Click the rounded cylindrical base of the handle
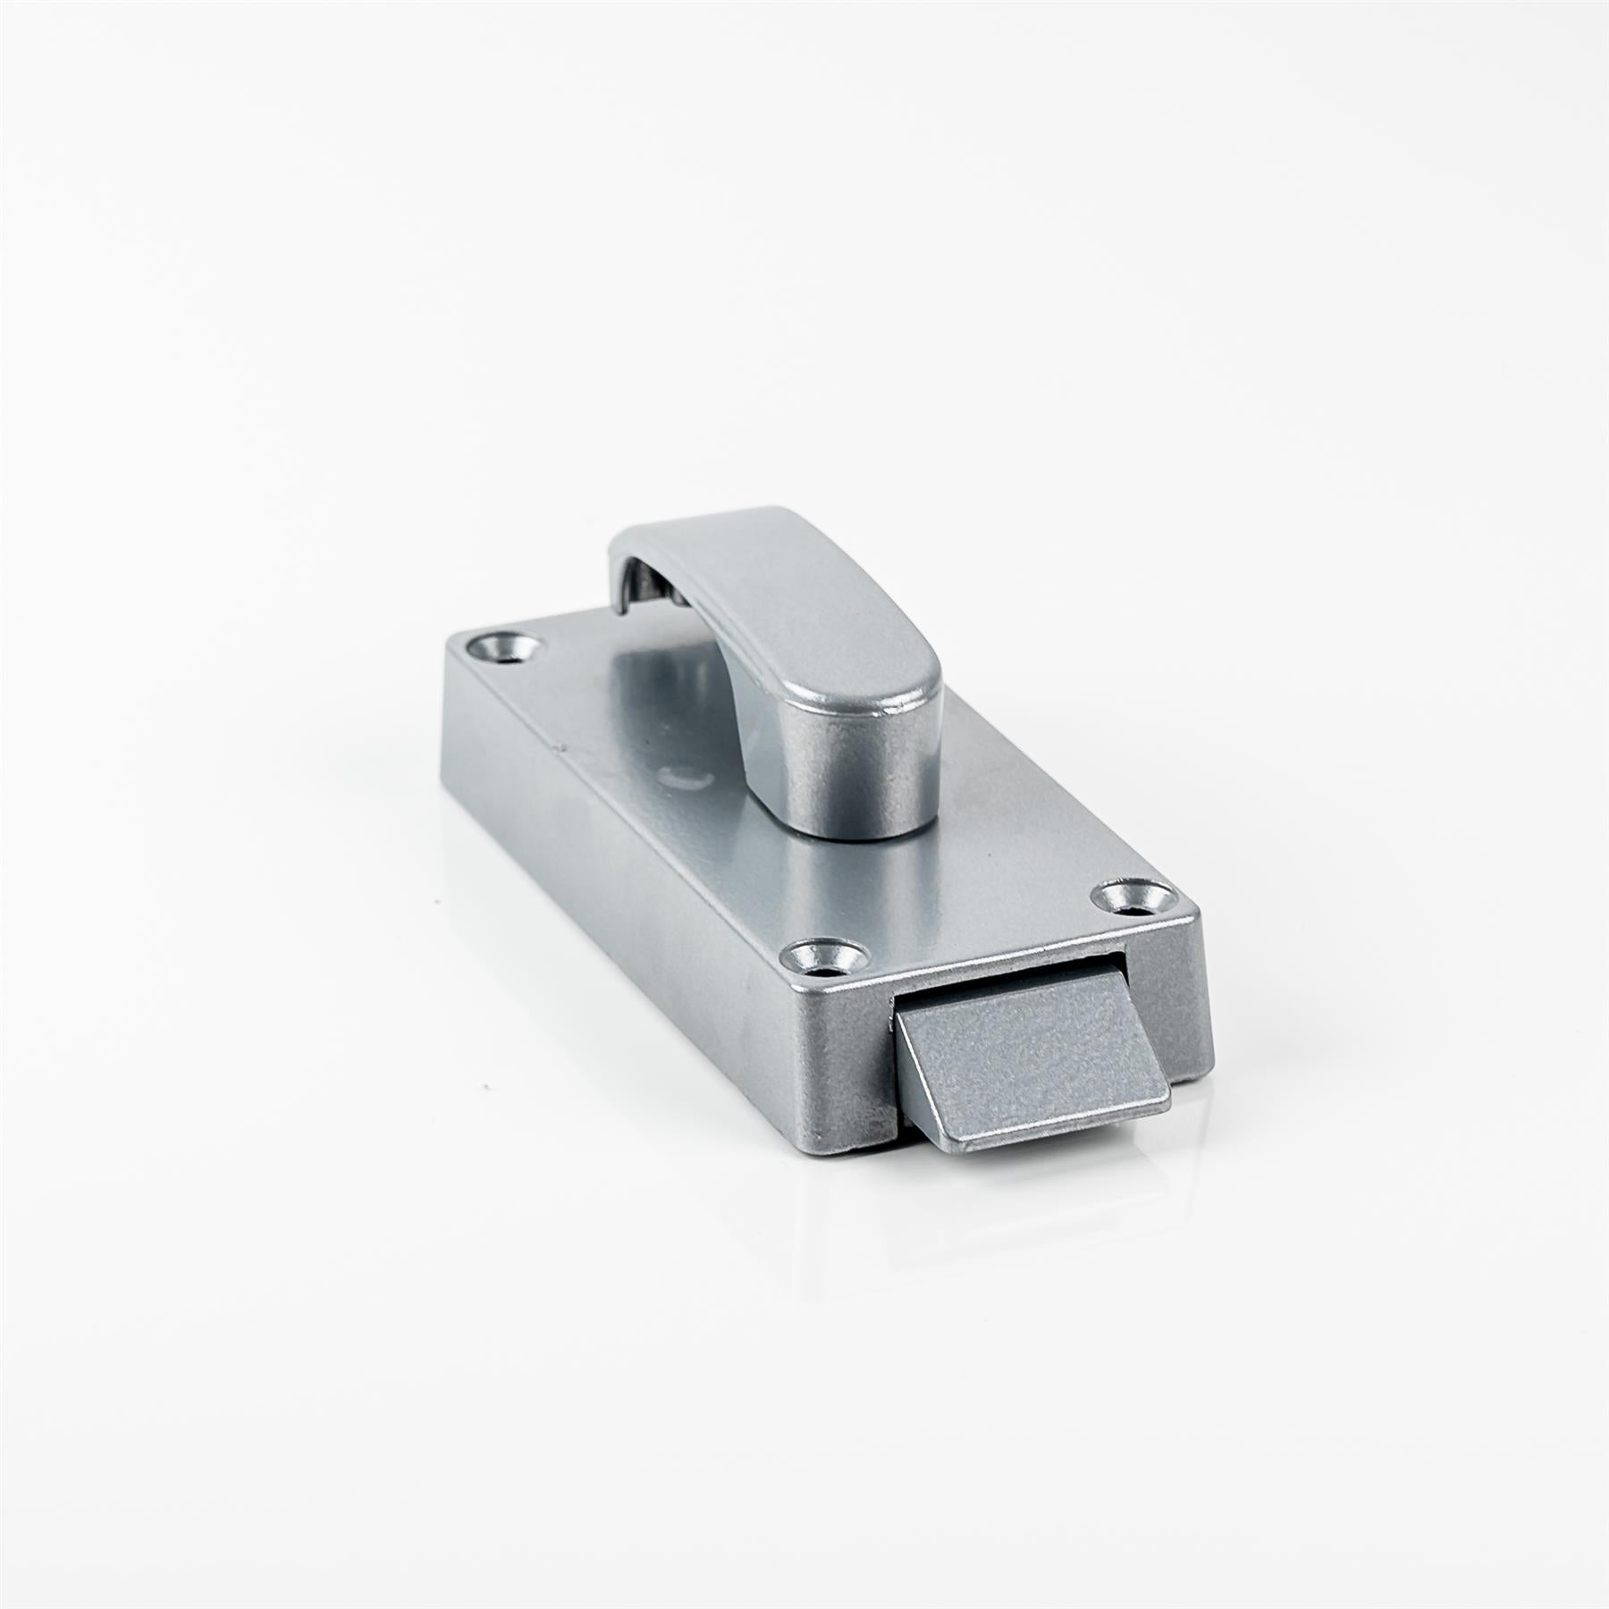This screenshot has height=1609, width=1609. [858, 787]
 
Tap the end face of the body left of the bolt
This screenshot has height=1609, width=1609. [840, 1064]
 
